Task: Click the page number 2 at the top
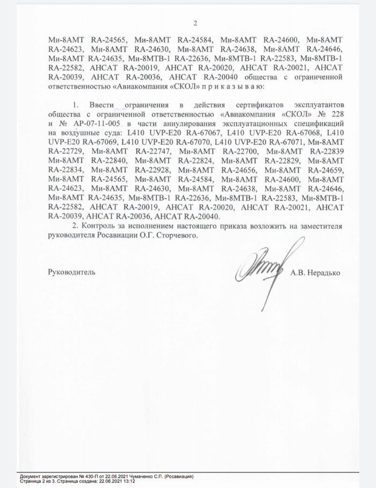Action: pos(196,23)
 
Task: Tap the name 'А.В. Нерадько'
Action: pos(315,272)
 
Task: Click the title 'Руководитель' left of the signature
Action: pos(72,272)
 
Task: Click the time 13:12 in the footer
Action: pos(128,482)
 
